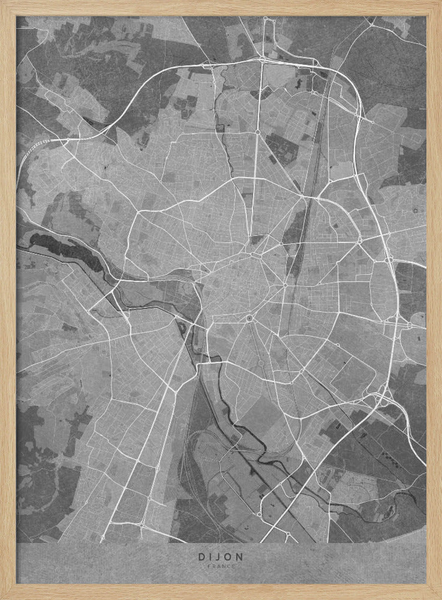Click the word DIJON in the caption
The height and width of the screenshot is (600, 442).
[221, 557]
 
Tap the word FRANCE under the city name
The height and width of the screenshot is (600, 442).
[221, 566]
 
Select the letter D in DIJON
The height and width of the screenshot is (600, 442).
[202, 557]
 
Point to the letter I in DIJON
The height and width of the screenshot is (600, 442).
[211, 557]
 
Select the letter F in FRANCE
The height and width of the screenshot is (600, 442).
[209, 566]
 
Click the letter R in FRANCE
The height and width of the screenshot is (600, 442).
[214, 566]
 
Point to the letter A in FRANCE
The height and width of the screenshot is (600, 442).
[219, 566]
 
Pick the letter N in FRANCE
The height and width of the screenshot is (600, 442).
[224, 566]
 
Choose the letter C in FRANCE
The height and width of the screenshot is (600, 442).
[228, 566]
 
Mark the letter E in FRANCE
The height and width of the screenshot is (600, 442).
[233, 566]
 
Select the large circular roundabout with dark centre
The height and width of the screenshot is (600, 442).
[249, 318]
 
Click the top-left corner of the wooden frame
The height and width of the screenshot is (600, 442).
[2, 2]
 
